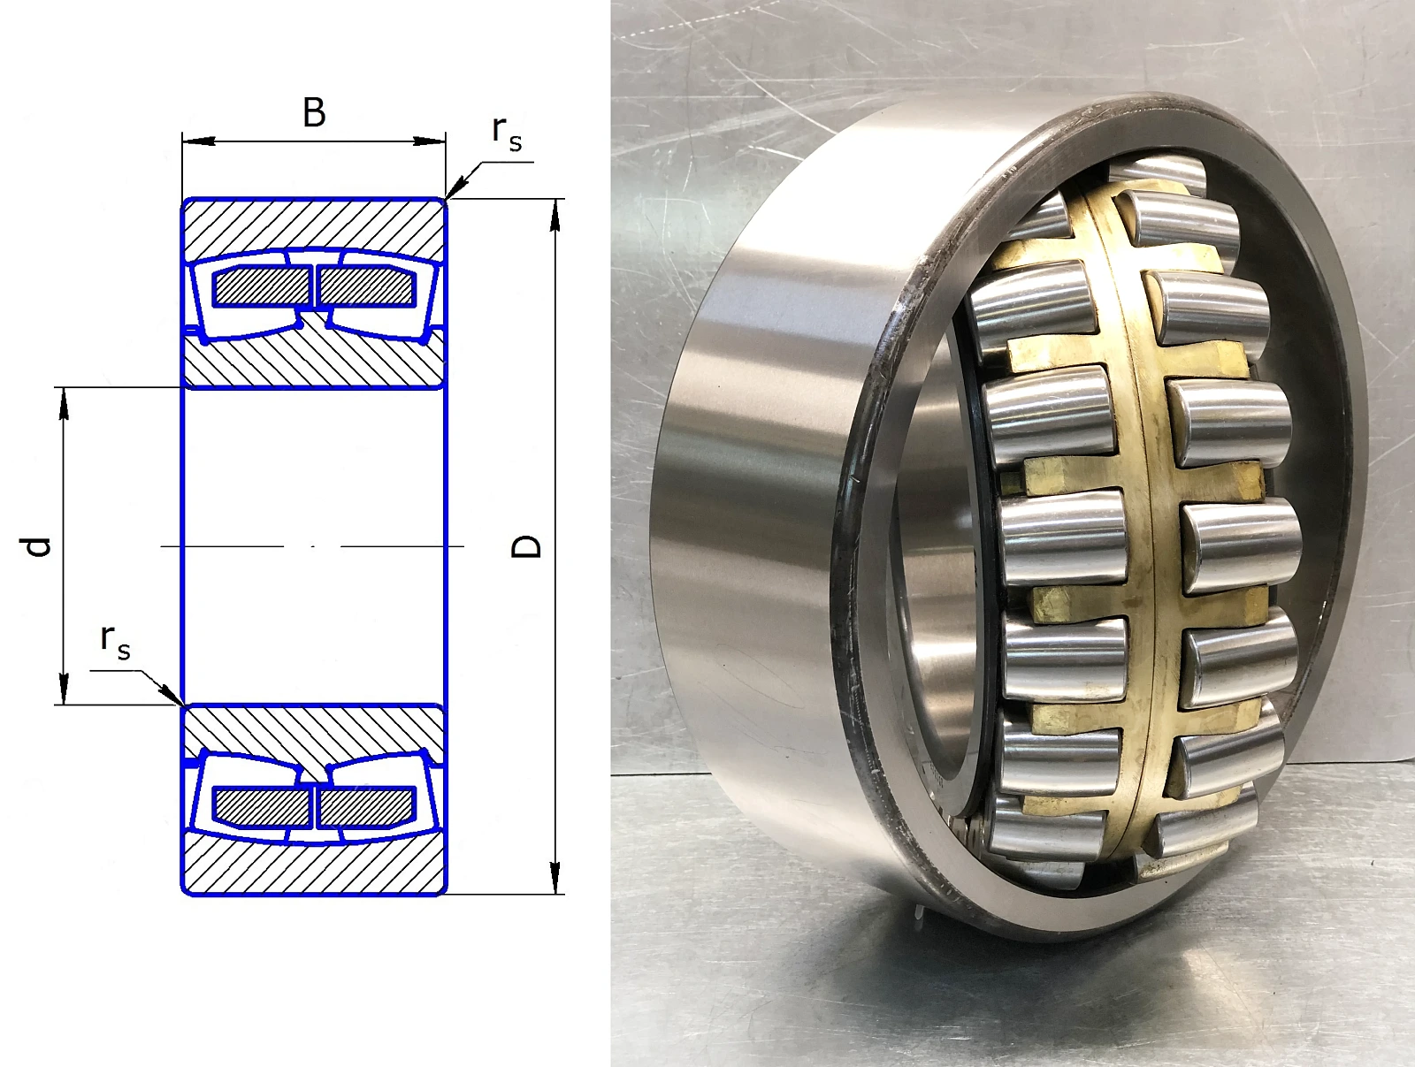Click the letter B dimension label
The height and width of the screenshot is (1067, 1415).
(x=314, y=113)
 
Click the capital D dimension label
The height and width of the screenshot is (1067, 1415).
(x=526, y=546)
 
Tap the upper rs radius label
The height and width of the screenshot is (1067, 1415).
(x=507, y=134)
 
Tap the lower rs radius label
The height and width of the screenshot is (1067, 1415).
(x=115, y=643)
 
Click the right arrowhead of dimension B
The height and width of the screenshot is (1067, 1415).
(x=429, y=141)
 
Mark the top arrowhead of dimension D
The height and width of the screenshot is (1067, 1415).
(x=555, y=215)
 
